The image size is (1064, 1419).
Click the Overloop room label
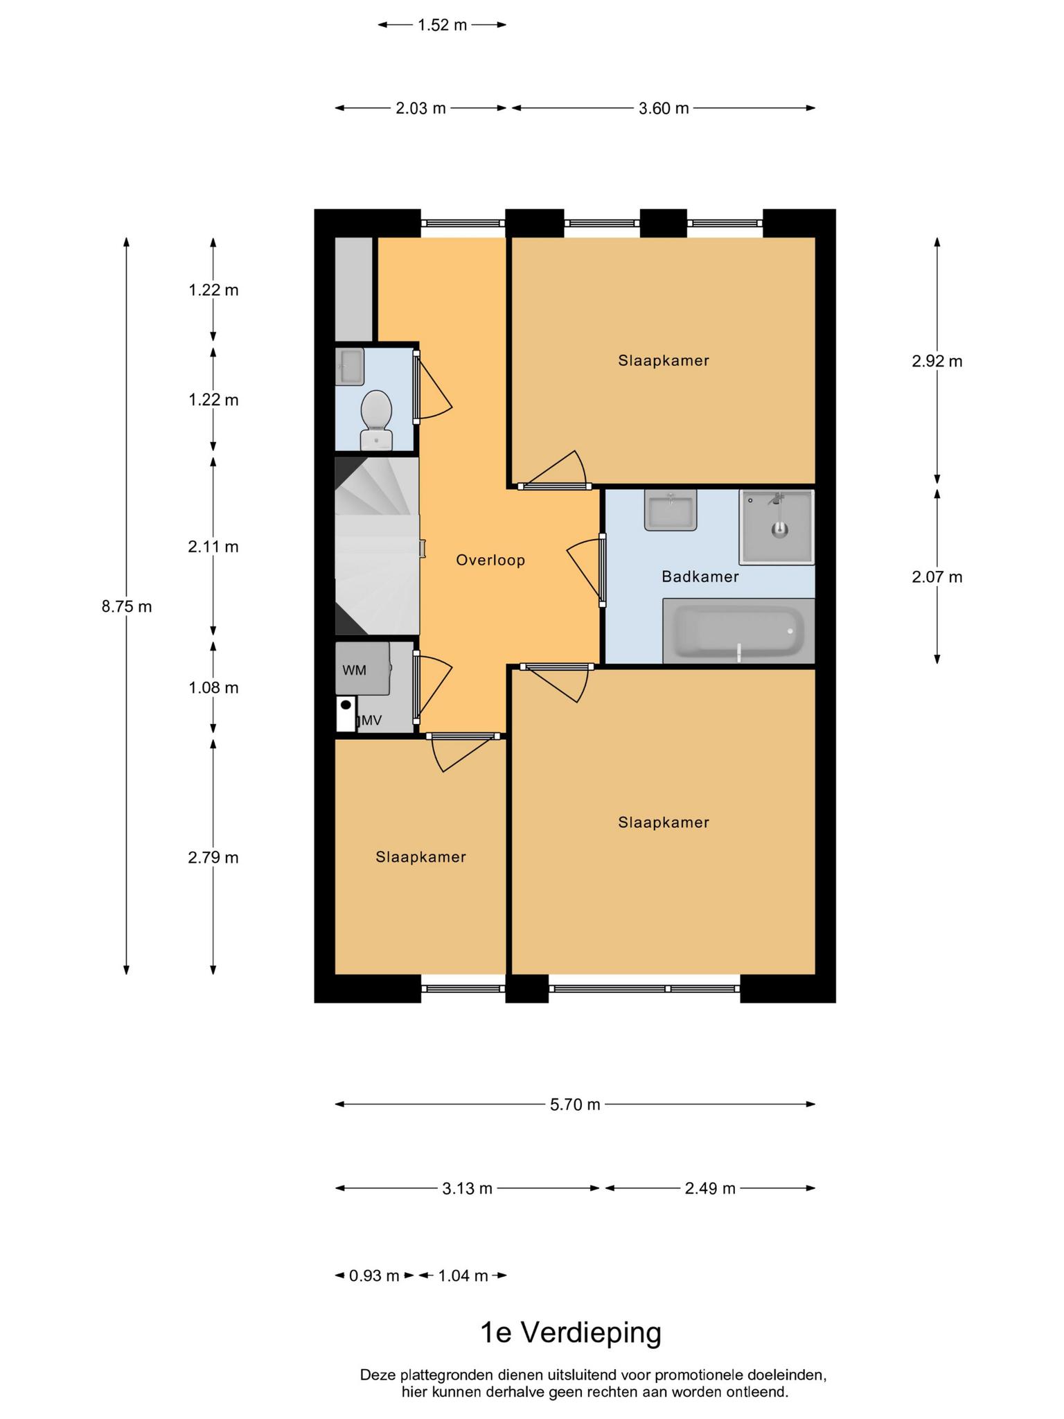(x=490, y=560)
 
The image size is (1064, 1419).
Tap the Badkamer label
(x=700, y=576)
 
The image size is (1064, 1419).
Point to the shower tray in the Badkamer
(x=777, y=527)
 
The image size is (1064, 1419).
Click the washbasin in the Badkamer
(x=671, y=510)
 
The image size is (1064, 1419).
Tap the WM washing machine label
(x=354, y=670)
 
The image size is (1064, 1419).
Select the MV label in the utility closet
(x=371, y=721)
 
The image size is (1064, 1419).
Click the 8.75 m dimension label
(x=127, y=606)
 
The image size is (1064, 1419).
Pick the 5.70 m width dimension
(x=575, y=1104)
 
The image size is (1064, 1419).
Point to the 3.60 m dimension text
(x=664, y=108)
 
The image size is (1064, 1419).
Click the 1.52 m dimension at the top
(x=442, y=26)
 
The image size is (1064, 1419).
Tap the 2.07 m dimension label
(x=937, y=576)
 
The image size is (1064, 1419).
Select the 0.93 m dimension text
(x=374, y=1276)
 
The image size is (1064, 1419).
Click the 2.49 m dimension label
(x=710, y=1188)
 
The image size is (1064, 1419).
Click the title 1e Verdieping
(x=571, y=1332)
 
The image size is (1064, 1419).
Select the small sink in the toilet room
(x=350, y=367)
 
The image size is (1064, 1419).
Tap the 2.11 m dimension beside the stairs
(x=213, y=547)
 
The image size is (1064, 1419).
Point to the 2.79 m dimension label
(x=213, y=858)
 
